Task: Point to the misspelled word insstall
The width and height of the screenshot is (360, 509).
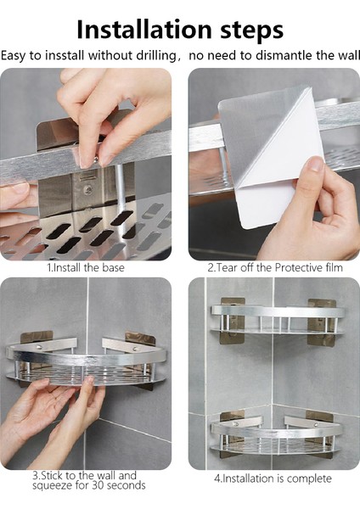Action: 65,55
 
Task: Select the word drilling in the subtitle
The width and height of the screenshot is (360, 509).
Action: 156,56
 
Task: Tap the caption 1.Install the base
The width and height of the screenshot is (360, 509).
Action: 86,267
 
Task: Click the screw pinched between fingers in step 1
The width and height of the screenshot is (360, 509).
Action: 96,159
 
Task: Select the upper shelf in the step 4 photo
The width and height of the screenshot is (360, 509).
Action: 278,320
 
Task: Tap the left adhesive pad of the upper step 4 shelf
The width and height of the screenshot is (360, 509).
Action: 233,321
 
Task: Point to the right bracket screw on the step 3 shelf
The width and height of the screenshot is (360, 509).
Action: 134,349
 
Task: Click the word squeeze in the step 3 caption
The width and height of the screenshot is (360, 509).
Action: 53,486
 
